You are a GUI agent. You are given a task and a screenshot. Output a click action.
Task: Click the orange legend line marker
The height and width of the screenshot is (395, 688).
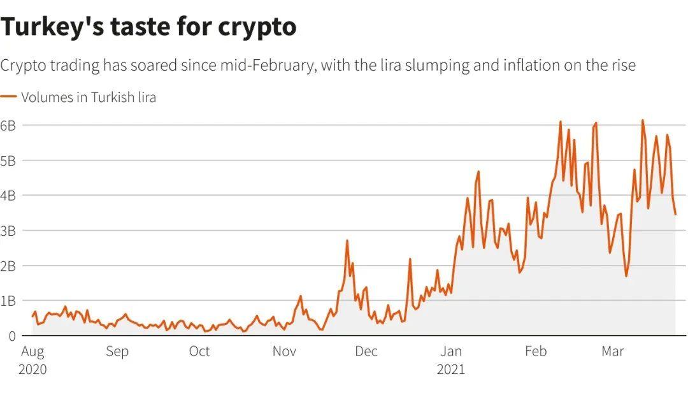click(8, 97)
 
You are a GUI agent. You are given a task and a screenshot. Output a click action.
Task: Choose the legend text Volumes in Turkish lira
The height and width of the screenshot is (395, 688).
click(89, 97)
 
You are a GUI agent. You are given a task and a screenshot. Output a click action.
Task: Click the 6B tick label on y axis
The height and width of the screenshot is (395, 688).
click(8, 125)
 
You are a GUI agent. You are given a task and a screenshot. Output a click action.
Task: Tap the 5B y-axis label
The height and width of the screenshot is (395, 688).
click(8, 160)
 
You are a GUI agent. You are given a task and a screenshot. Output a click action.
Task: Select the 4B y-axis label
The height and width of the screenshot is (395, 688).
click(8, 195)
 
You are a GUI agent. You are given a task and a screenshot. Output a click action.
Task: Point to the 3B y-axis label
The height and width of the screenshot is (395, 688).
click(8, 230)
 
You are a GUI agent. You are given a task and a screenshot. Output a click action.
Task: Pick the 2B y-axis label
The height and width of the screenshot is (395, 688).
click(8, 265)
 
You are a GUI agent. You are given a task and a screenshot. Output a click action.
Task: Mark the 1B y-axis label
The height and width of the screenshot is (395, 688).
click(8, 300)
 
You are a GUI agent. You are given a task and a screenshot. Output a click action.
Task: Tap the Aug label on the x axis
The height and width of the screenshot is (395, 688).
click(33, 352)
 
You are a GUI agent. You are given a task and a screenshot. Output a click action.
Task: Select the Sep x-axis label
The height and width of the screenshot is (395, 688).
click(117, 352)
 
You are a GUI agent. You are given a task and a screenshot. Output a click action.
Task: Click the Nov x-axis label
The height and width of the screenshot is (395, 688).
click(285, 352)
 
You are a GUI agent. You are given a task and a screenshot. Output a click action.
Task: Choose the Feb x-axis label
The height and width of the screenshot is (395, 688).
click(535, 352)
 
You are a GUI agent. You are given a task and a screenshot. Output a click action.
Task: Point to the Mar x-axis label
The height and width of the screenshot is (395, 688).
click(613, 352)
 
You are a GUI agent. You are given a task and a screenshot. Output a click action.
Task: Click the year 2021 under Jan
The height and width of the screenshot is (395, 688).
click(451, 370)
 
